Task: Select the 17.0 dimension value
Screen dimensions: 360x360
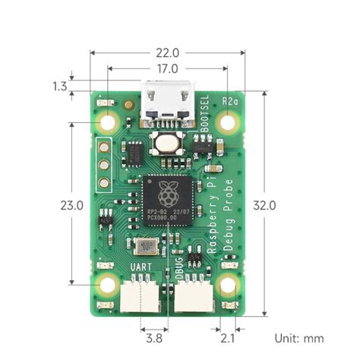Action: point(168,69)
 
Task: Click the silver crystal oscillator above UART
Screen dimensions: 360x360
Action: point(147,245)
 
